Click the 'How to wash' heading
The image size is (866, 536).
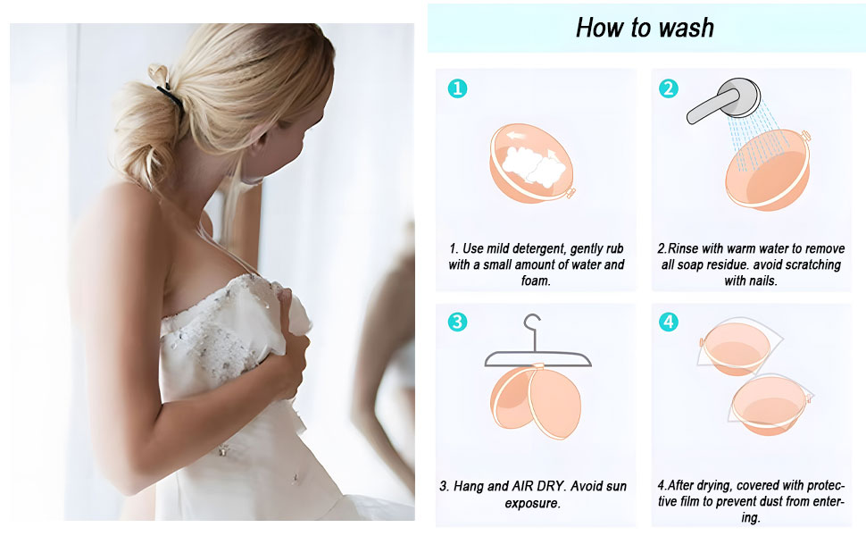645,27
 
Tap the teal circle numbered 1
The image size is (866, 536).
457,88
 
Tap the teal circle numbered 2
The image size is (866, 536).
668,88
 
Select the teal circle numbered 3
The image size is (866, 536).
457,322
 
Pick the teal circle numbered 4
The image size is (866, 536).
668,322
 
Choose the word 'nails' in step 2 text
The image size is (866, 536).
770,281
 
